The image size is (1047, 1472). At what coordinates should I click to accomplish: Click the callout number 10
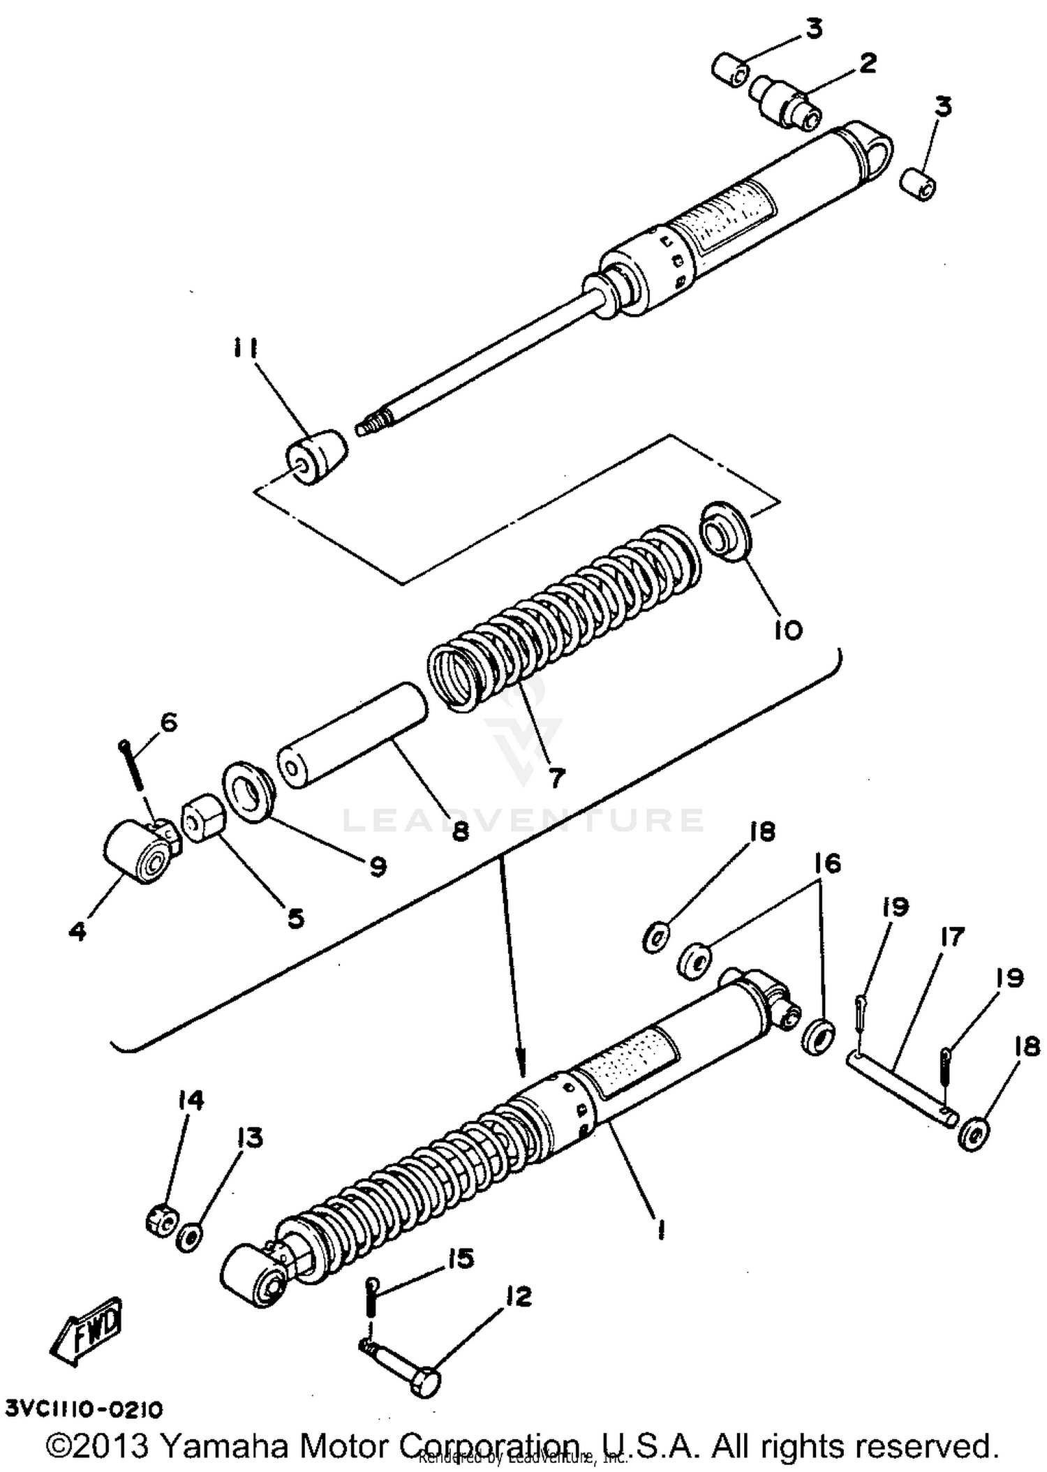pos(788,630)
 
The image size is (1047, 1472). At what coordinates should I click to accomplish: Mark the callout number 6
pos(168,722)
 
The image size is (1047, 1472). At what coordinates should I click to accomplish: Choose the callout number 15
pos(460,1258)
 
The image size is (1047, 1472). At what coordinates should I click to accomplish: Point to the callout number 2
pos(866,64)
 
